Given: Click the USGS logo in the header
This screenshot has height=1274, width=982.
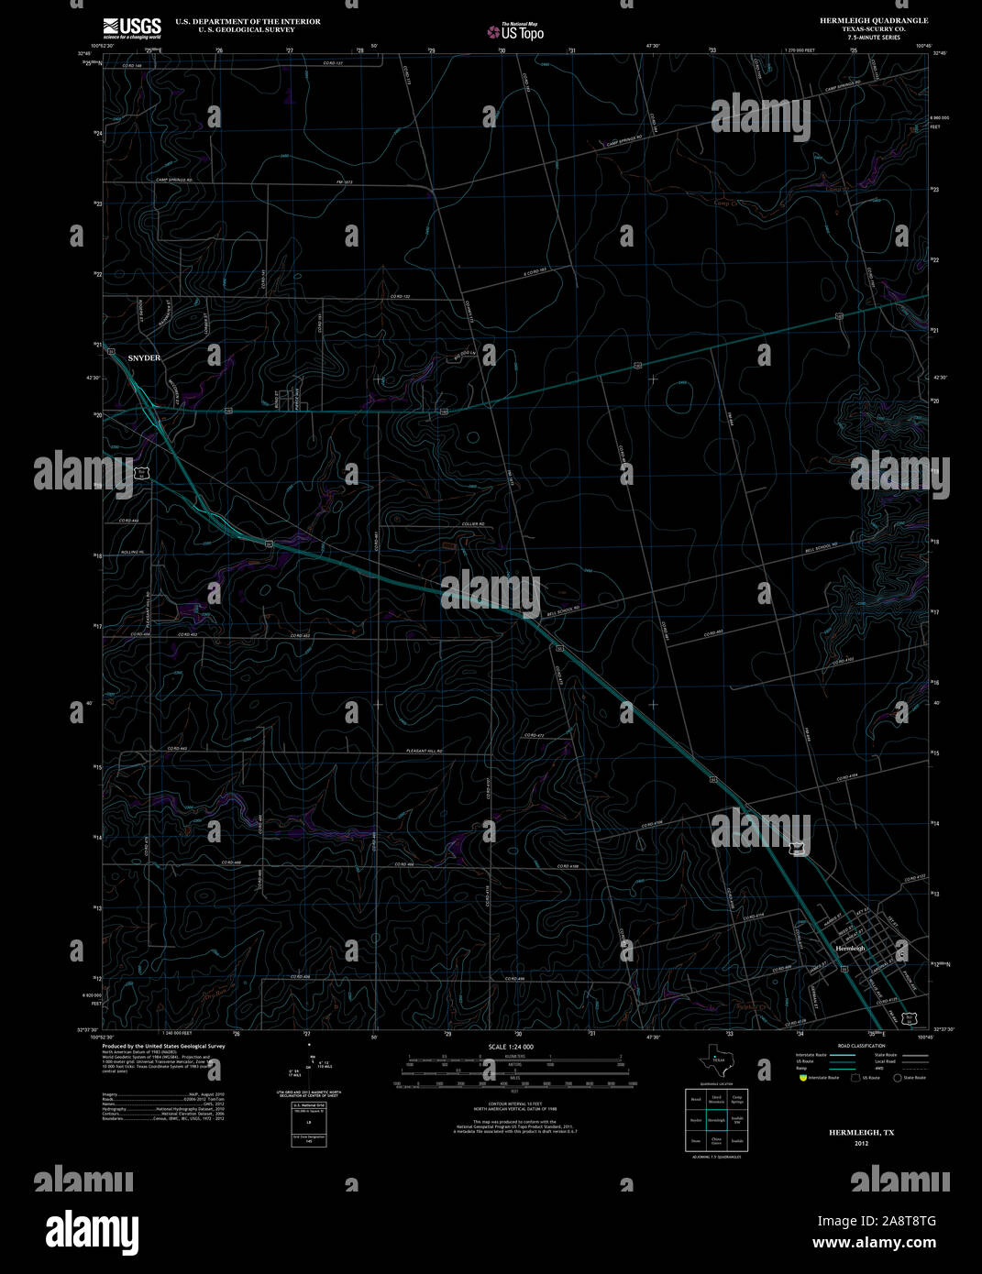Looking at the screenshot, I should point(132,27).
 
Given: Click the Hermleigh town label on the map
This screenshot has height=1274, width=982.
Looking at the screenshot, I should point(849,948).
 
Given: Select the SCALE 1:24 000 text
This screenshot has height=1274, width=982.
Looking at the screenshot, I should point(511,1047).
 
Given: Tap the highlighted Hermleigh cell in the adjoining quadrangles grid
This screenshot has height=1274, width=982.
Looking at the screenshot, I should point(715,1120).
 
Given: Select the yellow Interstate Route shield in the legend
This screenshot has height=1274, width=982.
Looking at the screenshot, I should point(801,1078).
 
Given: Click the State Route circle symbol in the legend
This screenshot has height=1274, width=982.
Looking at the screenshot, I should point(898,1078).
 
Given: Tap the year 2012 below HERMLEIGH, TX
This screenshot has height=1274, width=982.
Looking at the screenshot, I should point(860,1143).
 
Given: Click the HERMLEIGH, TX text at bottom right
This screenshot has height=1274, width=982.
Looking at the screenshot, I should point(861,1133).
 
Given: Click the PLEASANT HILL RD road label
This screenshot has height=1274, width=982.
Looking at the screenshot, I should point(425,752).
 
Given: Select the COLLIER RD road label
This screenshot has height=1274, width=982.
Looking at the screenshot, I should point(472,524).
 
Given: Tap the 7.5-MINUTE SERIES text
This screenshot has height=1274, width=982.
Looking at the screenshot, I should point(873,38).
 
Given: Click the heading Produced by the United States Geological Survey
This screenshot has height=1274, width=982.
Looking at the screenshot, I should point(163,1046).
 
